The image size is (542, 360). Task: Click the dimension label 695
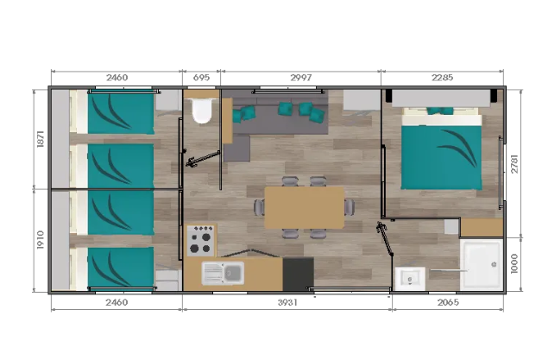201,78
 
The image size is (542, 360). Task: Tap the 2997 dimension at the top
300,78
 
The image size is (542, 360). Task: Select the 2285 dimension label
442,78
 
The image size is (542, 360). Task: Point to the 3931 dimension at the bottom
287,302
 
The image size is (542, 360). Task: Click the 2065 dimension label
448,302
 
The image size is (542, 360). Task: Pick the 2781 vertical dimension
514,163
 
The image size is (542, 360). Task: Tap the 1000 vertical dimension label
514,263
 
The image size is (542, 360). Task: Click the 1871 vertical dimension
41,139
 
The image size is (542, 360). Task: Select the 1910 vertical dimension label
41,240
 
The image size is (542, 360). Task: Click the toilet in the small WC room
202,110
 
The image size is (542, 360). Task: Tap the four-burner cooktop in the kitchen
201,240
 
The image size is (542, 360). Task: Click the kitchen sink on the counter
223,273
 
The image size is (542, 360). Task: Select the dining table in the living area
304,207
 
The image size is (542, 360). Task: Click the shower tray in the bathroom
482,264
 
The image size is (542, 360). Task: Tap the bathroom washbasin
410,278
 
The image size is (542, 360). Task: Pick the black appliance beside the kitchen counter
299,274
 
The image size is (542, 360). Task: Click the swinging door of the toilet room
203,158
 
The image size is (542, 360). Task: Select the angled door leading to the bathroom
385,238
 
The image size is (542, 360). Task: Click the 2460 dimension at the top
117,78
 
